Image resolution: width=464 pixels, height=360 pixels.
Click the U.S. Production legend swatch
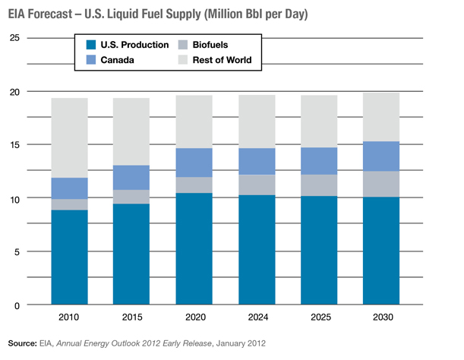coord(90,45)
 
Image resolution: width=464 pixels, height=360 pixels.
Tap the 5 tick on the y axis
coord(16,251)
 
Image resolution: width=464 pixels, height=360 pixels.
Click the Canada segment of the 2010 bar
coord(69,188)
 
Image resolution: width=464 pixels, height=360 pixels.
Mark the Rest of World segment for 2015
coord(131,131)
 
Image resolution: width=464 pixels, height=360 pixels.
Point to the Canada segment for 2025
coord(318,161)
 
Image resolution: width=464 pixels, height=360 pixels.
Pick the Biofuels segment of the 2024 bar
coord(256,185)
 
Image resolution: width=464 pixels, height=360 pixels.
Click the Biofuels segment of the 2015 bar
coord(131,197)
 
